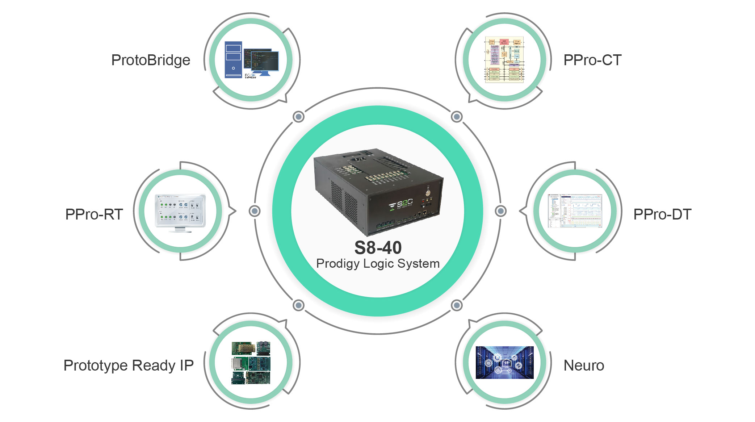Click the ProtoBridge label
(x=151, y=60)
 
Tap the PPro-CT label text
(x=592, y=60)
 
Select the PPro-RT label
(x=94, y=214)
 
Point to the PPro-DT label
(x=662, y=214)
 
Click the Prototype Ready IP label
(x=129, y=365)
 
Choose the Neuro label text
(x=584, y=365)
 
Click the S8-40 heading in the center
(x=378, y=248)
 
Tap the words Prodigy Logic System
(x=378, y=263)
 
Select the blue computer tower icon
(x=233, y=60)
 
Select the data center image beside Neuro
(x=504, y=362)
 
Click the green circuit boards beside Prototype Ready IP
(x=251, y=363)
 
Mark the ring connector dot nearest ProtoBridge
(x=298, y=117)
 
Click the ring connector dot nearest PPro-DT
(x=500, y=211)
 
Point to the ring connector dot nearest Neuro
(x=457, y=305)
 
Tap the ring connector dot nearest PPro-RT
(x=255, y=211)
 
